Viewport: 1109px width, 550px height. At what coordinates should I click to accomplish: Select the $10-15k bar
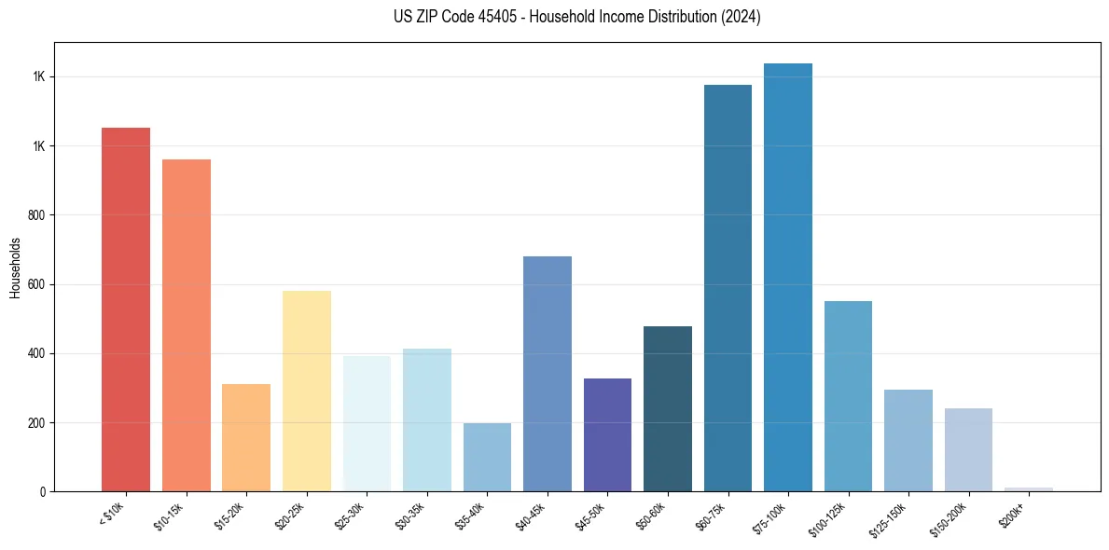[x=186, y=325]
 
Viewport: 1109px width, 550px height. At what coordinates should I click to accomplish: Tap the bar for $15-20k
[x=246, y=437]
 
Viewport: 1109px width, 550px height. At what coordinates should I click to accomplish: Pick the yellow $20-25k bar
[x=307, y=391]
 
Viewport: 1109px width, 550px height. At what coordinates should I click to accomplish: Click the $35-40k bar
[x=487, y=457]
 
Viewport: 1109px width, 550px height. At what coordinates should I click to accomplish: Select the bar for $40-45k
[x=548, y=374]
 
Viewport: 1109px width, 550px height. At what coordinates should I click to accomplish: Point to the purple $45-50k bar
[x=607, y=434]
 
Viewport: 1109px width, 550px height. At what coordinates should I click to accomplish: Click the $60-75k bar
[x=728, y=288]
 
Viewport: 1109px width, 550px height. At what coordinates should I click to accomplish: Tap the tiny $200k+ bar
[x=1029, y=488]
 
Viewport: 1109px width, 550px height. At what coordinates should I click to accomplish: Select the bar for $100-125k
[x=848, y=396]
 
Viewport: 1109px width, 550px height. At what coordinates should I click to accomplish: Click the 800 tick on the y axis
[x=37, y=215]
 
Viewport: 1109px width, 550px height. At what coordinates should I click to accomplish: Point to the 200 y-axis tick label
[x=37, y=423]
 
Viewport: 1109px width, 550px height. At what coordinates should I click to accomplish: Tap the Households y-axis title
[x=16, y=268]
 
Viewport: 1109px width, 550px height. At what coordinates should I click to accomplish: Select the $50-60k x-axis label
[x=650, y=516]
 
